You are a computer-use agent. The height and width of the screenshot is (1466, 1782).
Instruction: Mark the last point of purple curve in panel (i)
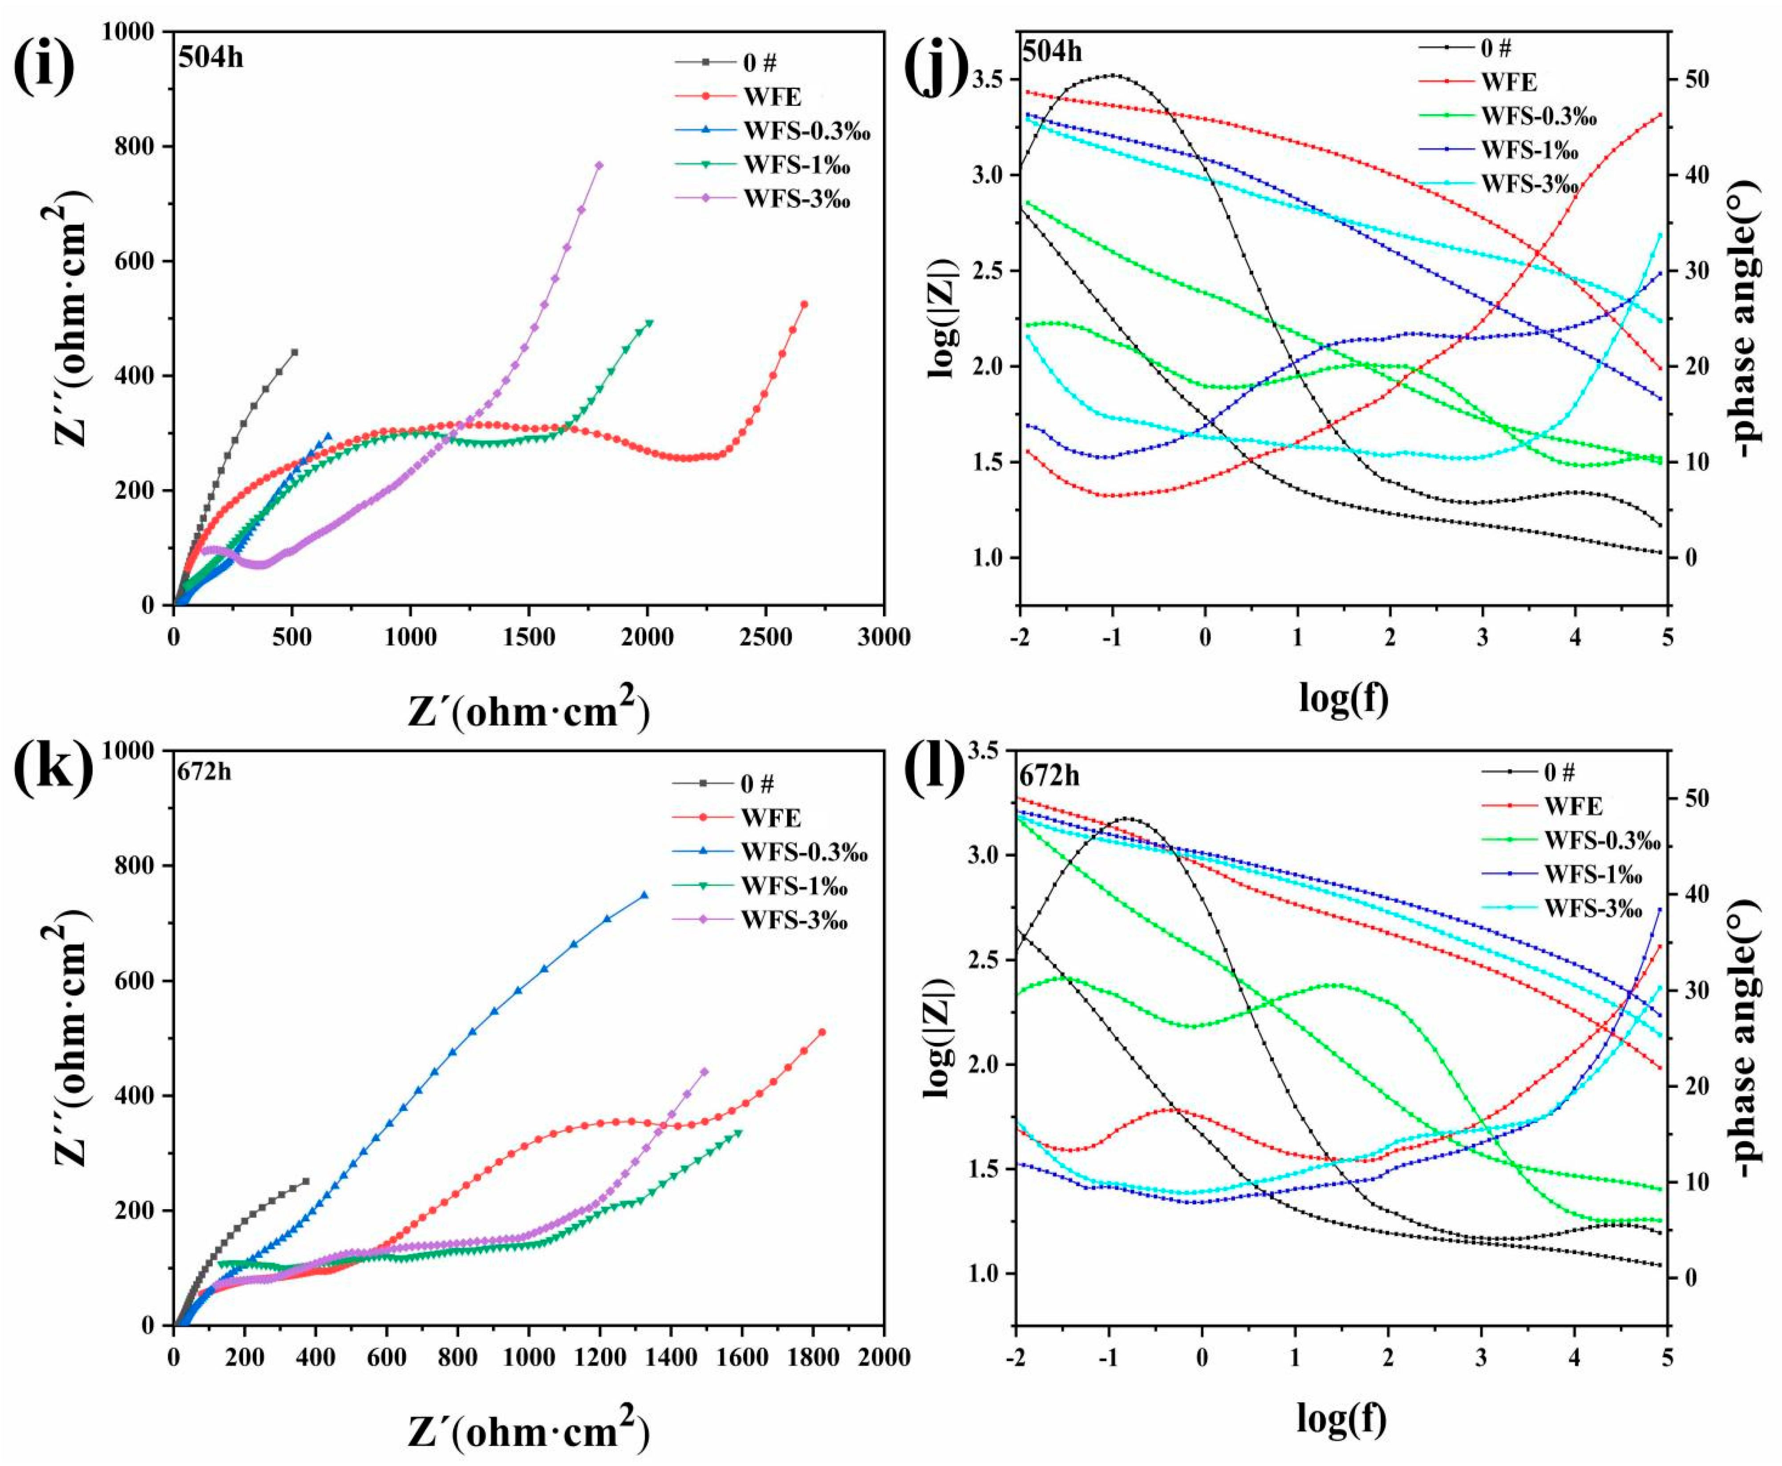coord(599,166)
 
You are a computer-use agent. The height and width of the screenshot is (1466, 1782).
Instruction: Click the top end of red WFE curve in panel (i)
coord(804,304)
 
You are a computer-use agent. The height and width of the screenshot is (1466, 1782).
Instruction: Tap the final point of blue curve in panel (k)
coord(644,895)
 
